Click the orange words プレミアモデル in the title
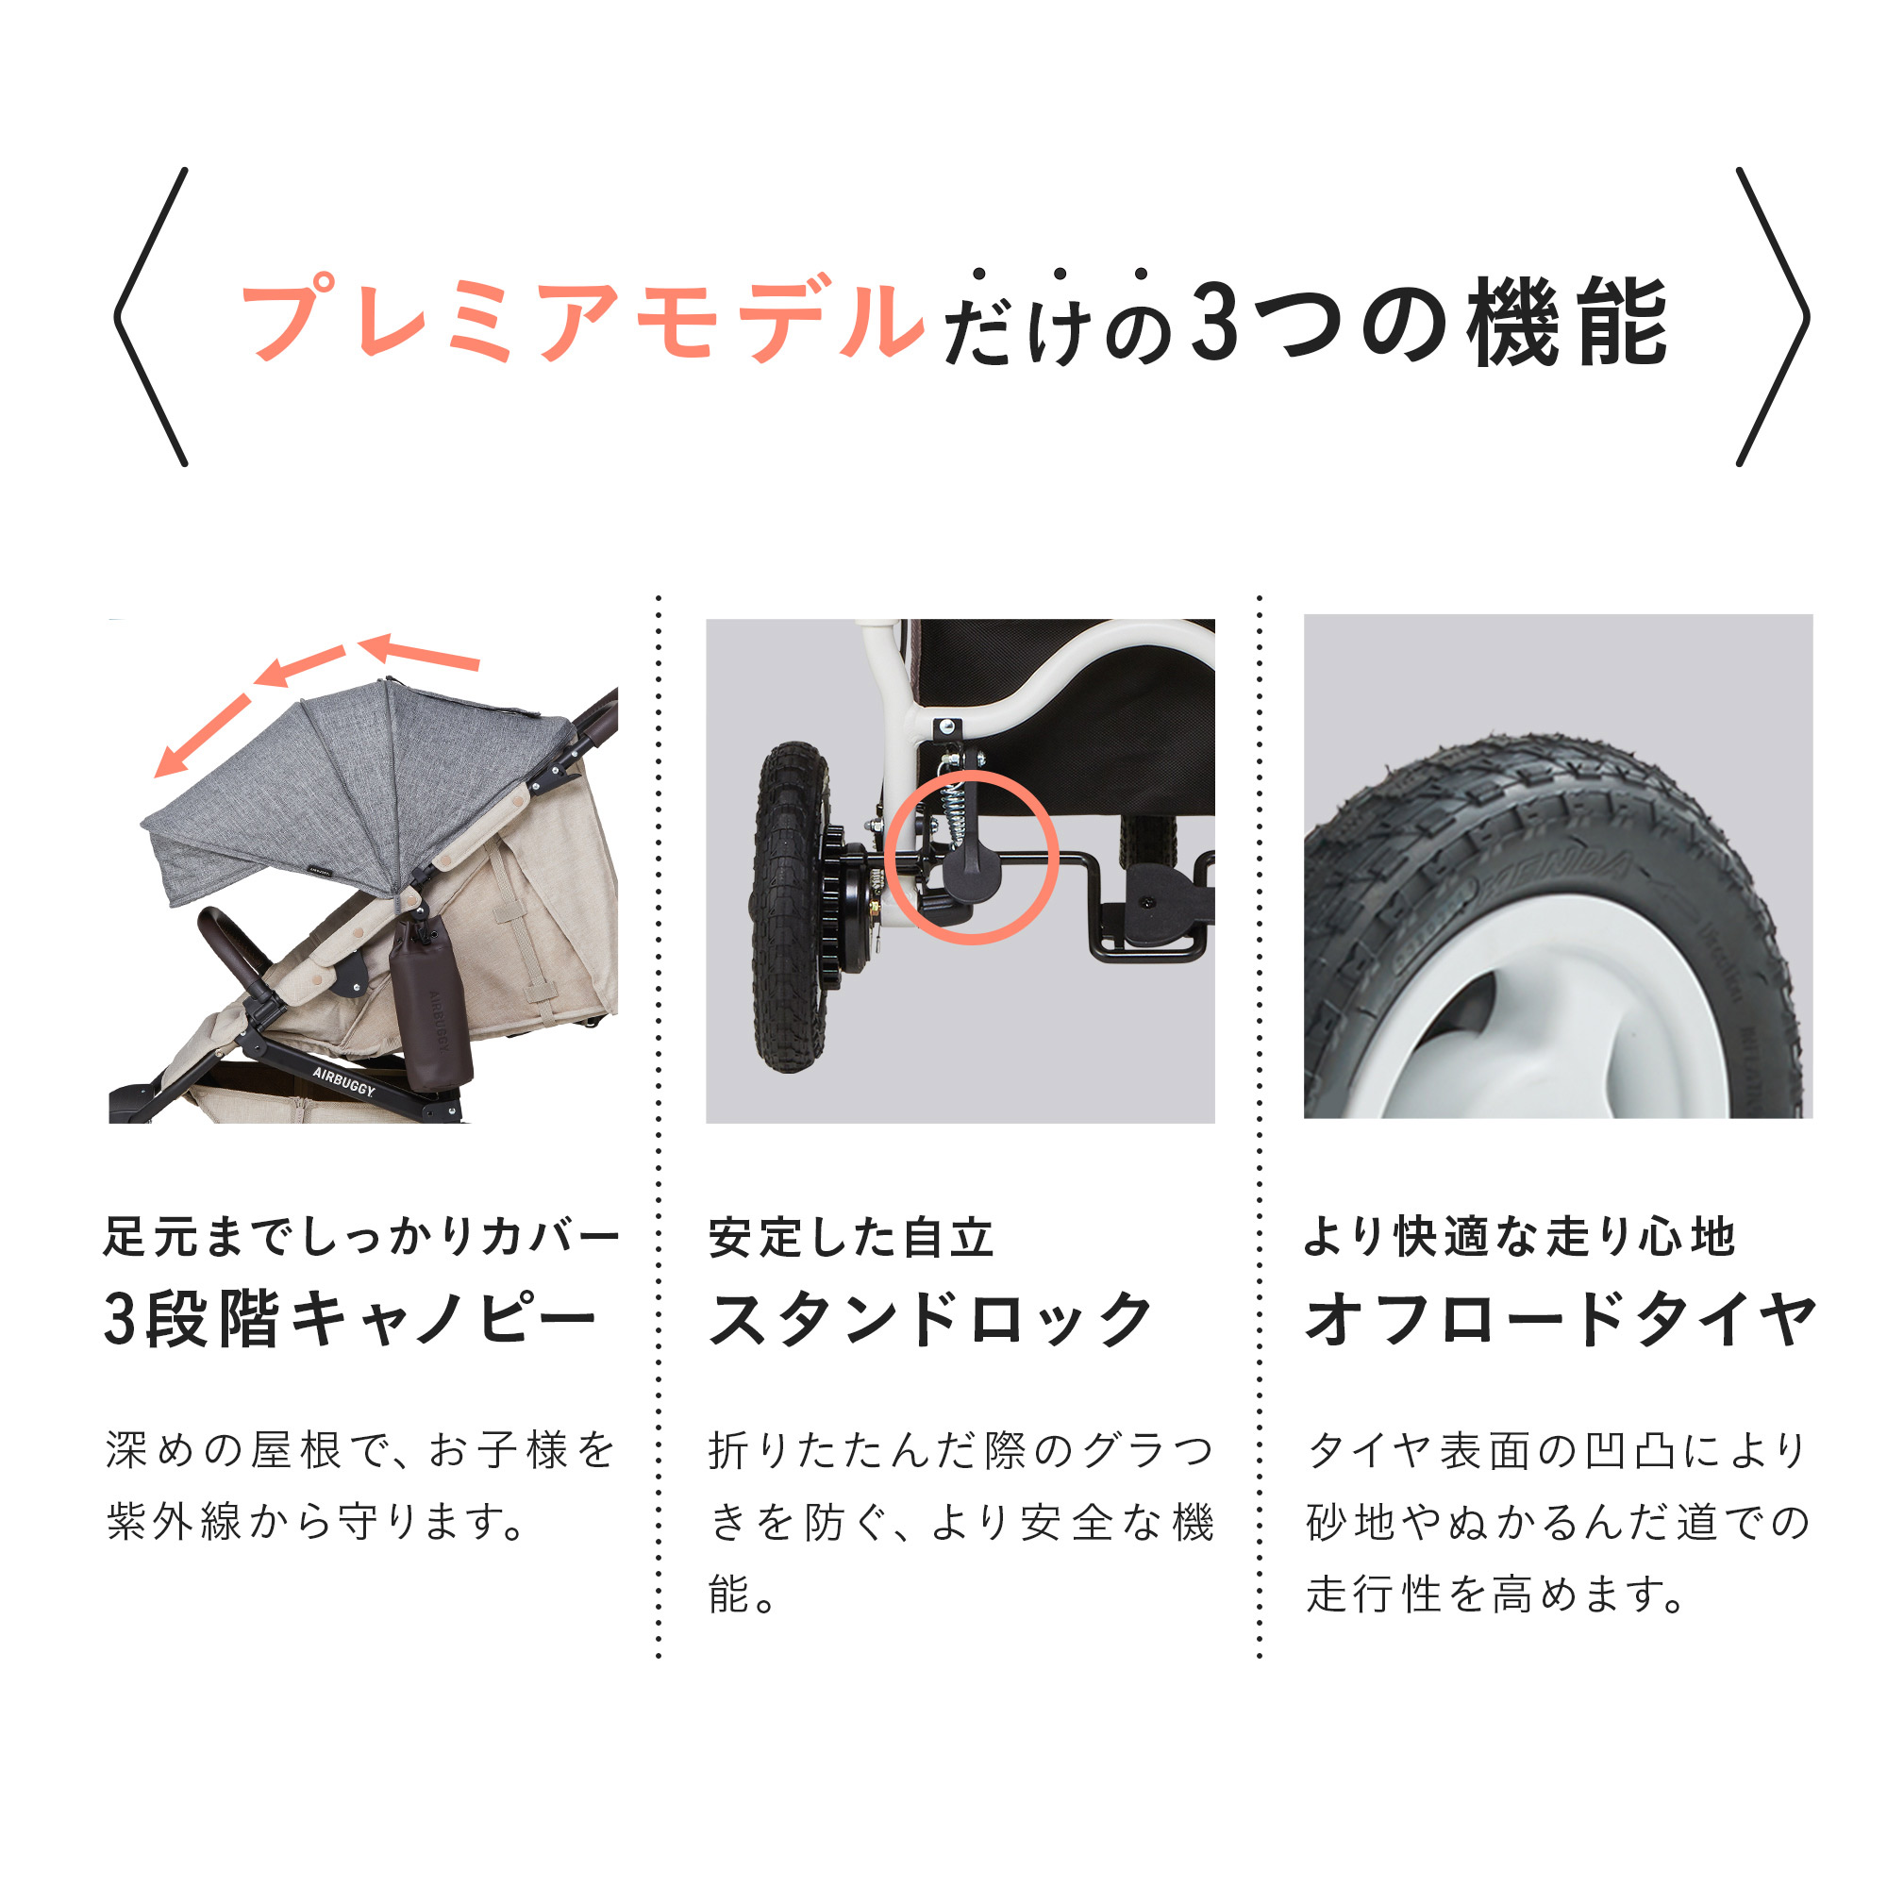pyautogui.click(x=582, y=320)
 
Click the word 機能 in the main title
pyautogui.click(x=1566, y=322)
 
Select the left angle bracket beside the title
pyautogui.click(x=150, y=317)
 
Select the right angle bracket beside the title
pyautogui.click(x=1773, y=317)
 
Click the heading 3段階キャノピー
pyautogui.click(x=350, y=1320)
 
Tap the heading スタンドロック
pyautogui.click(x=931, y=1320)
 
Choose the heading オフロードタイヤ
pyautogui.click(x=1561, y=1320)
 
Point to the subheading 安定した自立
pyautogui.click(x=851, y=1238)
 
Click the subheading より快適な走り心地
pyautogui.click(x=1520, y=1237)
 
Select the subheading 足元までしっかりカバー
pyautogui.click(x=362, y=1237)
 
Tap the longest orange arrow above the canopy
pyautogui.click(x=203, y=736)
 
